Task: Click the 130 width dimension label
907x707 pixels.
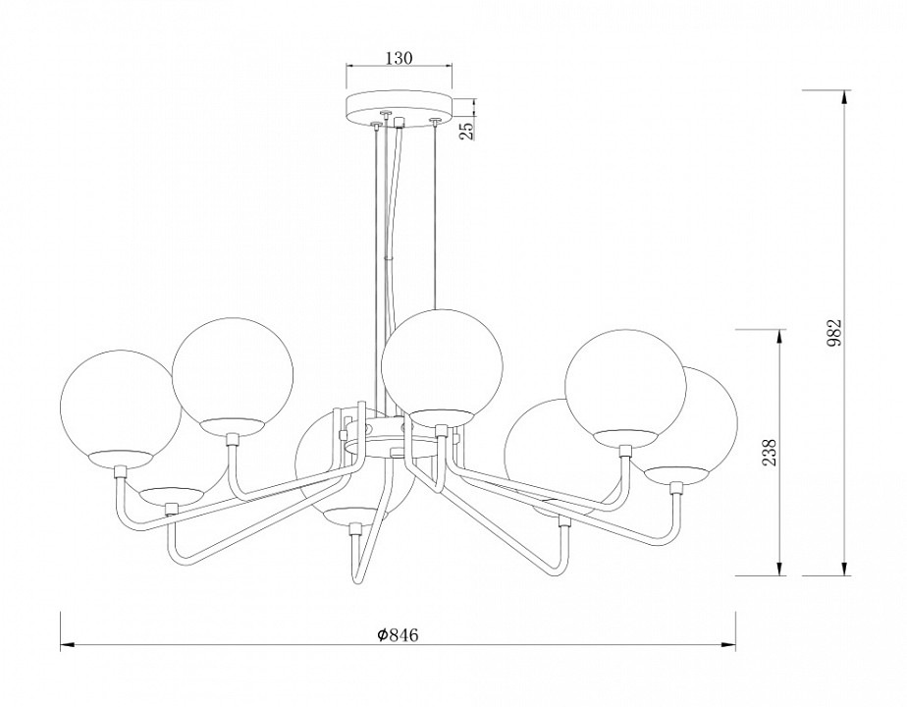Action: (400, 58)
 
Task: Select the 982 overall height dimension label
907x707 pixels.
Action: (834, 333)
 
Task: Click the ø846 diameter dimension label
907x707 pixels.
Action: (398, 635)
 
